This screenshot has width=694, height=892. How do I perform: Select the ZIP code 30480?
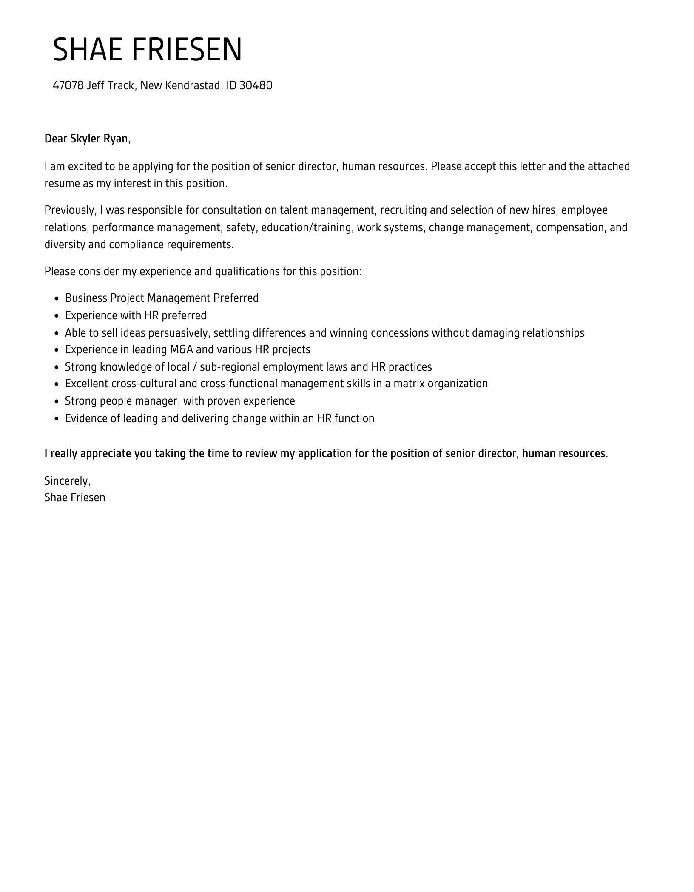(x=256, y=85)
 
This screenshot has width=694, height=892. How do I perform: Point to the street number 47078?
(x=68, y=85)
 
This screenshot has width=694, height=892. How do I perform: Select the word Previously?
(x=70, y=210)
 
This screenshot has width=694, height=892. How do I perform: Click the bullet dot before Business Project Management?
(x=57, y=298)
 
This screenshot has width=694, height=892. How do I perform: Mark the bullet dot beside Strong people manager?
(x=57, y=401)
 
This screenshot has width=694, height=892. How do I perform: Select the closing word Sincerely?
(x=67, y=481)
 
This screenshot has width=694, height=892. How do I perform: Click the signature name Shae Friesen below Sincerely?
(x=74, y=497)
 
